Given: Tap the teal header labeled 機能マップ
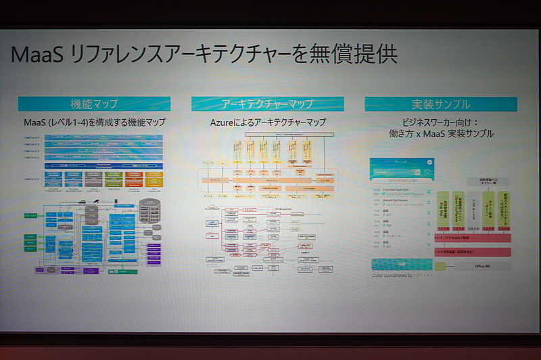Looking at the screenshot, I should click(94, 104).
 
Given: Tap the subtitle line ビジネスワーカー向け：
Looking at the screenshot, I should click(440, 122).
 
